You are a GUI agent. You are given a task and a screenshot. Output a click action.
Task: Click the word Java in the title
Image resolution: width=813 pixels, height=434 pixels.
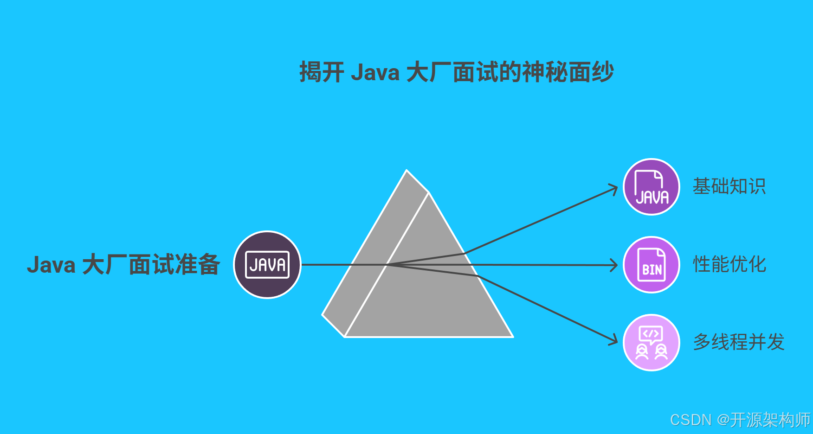pyautogui.click(x=375, y=73)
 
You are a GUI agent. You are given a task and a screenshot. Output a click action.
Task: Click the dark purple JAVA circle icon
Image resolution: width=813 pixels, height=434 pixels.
pyautogui.click(x=267, y=265)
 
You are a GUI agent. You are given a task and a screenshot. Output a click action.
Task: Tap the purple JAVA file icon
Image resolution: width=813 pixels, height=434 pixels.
pyautogui.click(x=652, y=187)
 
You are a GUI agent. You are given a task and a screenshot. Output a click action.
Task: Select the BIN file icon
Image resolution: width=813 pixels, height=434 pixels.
pyautogui.click(x=652, y=265)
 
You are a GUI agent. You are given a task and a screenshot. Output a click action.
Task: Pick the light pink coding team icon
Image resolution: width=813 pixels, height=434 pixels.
pyautogui.click(x=652, y=343)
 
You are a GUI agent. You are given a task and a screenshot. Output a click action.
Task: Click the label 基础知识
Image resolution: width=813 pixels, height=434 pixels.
pyautogui.click(x=729, y=186)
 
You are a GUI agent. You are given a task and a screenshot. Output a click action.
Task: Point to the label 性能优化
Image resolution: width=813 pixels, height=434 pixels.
pyautogui.click(x=729, y=264)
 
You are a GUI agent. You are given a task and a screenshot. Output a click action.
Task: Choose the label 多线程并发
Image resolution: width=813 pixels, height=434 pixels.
pyautogui.click(x=739, y=342)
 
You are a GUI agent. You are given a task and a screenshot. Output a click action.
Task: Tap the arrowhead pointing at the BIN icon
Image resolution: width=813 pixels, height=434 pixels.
pyautogui.click(x=615, y=265)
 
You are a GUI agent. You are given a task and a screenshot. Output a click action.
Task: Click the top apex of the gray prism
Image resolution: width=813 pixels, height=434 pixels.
pyautogui.click(x=407, y=171)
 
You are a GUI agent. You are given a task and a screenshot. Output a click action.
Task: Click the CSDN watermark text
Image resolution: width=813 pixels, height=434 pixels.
pyautogui.click(x=690, y=420)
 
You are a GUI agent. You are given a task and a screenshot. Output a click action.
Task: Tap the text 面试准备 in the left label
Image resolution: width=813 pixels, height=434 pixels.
pyautogui.click(x=174, y=265)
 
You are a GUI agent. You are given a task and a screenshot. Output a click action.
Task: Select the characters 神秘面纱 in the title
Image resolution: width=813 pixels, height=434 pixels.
pyautogui.click(x=568, y=73)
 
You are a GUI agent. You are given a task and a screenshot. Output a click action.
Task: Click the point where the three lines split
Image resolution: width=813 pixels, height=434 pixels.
pyautogui.click(x=388, y=265)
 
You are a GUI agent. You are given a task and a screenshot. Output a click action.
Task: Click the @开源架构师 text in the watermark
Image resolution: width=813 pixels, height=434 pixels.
pyautogui.click(x=763, y=420)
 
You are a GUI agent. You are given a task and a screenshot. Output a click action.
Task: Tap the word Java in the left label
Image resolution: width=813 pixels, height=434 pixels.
pyautogui.click(x=51, y=265)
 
